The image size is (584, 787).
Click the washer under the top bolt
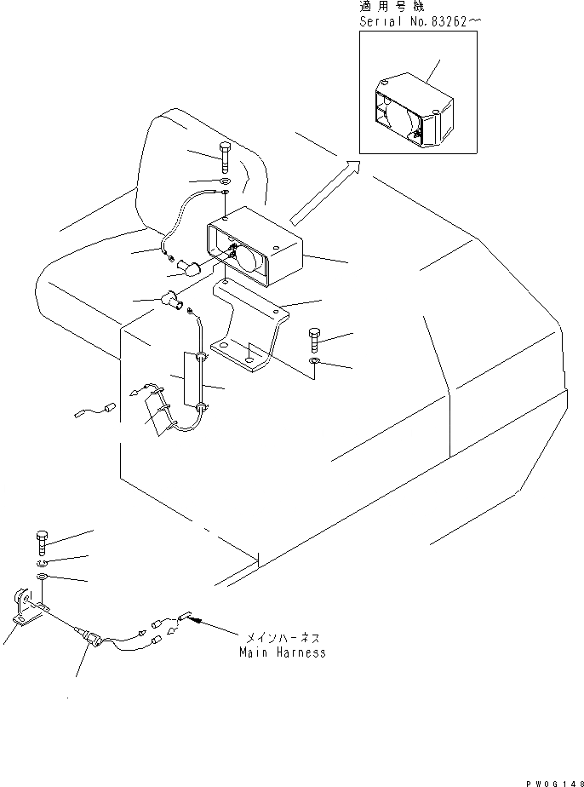point(223,182)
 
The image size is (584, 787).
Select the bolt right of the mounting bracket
point(315,341)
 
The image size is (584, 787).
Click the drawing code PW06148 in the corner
point(553,778)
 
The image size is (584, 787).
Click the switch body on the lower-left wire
point(91,636)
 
